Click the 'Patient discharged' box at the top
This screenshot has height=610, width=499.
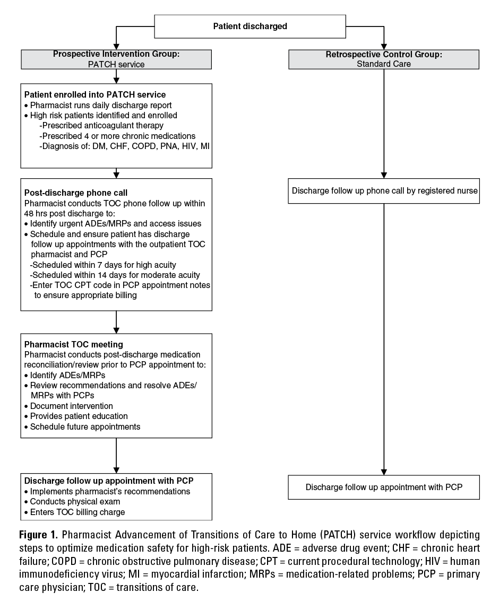[250, 26]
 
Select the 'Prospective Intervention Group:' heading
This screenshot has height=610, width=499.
[116, 55]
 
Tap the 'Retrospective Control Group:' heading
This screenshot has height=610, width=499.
[384, 55]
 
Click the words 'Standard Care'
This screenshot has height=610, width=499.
[384, 64]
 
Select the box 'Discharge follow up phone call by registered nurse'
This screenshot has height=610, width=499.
[384, 191]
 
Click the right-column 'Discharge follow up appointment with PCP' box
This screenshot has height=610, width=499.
[384, 487]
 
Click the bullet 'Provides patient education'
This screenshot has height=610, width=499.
[79, 416]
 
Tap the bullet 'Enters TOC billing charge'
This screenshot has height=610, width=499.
[78, 511]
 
